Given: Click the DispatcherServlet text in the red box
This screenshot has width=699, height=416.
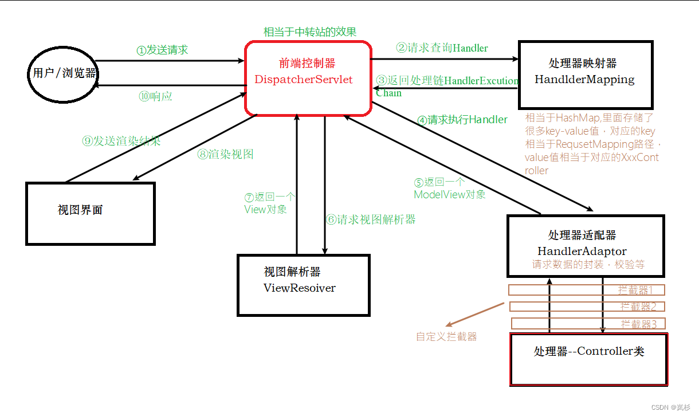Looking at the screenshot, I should [x=304, y=80].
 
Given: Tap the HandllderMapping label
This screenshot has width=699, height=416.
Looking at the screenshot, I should [x=584, y=80].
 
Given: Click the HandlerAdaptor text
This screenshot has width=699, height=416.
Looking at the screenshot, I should [x=582, y=251].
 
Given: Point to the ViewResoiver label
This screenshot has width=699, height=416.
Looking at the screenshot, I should [x=299, y=288].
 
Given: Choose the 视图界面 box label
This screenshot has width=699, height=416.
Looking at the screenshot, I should [x=80, y=210].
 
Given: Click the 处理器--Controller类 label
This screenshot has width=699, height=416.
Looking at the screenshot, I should [x=589, y=351].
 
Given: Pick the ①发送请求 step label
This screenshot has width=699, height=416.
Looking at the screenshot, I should [x=162, y=50].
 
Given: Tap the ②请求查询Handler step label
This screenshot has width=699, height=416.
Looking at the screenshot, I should [x=442, y=48].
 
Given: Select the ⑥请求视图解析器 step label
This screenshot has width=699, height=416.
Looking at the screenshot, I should [x=371, y=219].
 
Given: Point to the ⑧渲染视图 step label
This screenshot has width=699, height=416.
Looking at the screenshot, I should [x=225, y=154].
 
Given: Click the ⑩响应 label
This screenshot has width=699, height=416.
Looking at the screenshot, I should [x=155, y=96].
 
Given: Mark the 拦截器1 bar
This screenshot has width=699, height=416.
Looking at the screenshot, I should [x=587, y=290].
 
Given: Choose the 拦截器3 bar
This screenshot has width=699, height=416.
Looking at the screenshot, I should [x=588, y=324].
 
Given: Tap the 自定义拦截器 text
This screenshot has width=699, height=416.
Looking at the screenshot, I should [x=446, y=336].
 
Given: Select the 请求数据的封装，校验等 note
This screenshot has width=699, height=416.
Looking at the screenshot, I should [x=588, y=265].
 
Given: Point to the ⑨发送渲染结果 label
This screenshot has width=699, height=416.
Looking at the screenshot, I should [x=121, y=141].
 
